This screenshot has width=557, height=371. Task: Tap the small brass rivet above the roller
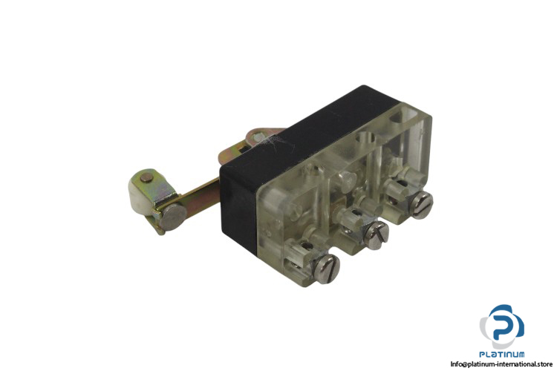point(146,178)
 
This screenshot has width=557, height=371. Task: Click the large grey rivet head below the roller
point(172,217)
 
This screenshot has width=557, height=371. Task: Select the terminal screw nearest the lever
point(326,269)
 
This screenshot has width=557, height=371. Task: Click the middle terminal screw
point(376,234)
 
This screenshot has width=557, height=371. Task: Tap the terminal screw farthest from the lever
point(421,205)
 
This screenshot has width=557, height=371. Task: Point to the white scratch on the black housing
point(277,142)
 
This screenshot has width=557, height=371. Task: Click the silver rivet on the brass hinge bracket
point(258,137)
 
